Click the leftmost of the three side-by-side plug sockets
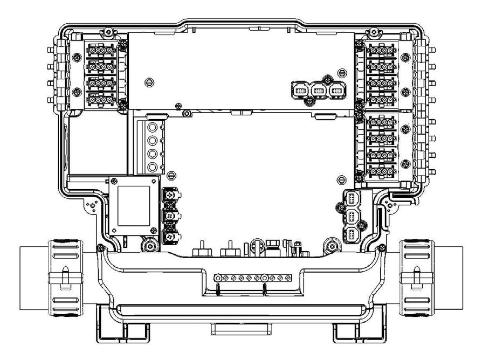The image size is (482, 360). (x=300, y=91)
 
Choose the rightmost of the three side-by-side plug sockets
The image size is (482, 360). (x=337, y=91)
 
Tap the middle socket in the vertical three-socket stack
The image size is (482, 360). (x=351, y=217)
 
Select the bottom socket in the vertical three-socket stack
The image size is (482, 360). (x=351, y=236)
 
